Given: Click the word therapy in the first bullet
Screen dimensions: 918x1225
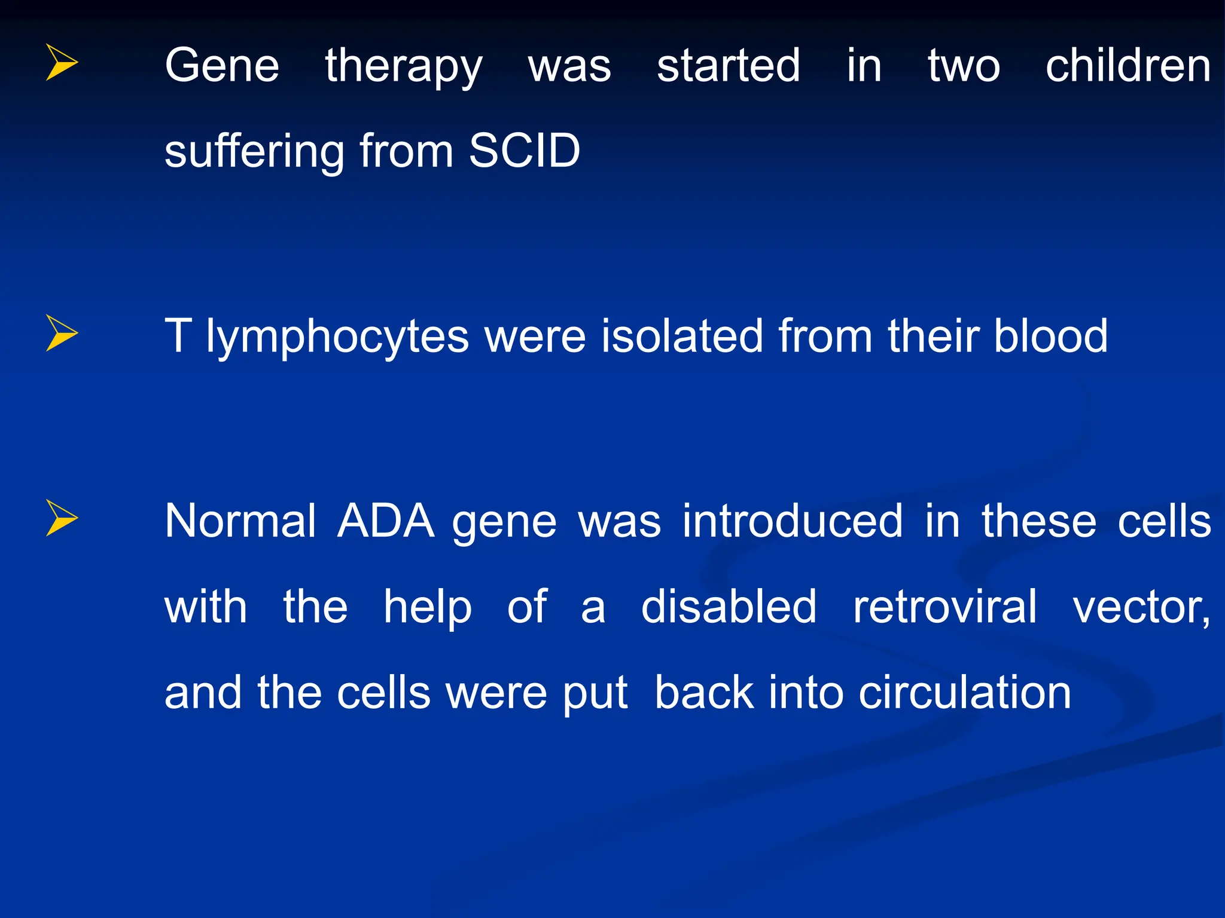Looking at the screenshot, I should tap(403, 67).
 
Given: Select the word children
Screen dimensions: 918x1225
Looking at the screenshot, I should tap(1128, 66).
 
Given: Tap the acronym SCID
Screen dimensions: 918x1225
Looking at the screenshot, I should tap(525, 151).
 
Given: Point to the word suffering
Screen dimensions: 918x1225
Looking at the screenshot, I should tap(254, 152).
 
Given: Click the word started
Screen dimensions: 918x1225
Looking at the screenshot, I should tap(728, 66).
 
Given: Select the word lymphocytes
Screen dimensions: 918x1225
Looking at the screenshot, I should tap(337, 337).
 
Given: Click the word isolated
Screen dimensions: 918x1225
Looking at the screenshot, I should tap(682, 336).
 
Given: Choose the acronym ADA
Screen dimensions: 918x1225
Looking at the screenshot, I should tap(386, 521).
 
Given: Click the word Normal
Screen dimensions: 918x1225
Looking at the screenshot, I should tap(240, 521).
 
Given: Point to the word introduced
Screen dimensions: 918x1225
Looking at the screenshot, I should tap(793, 521).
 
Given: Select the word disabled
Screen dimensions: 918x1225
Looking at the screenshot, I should tap(729, 607).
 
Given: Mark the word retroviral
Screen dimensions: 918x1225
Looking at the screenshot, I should tap(944, 607).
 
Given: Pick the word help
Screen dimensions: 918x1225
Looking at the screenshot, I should tap(428, 608).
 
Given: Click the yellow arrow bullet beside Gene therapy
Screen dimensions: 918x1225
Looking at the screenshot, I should tap(61, 62).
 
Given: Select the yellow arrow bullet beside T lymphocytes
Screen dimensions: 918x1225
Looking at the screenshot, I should tap(61, 333).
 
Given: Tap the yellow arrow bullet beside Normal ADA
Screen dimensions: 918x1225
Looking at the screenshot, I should tap(61, 518).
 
